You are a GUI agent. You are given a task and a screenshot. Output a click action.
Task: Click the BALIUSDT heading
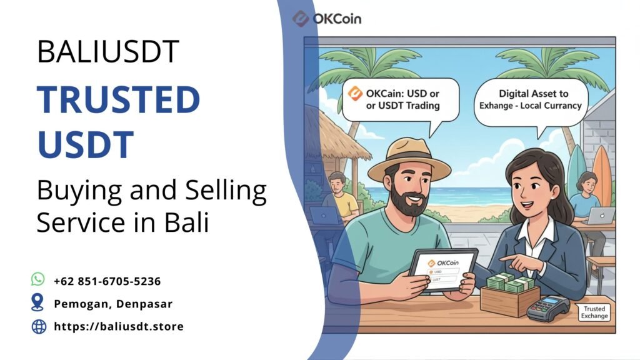[109, 52]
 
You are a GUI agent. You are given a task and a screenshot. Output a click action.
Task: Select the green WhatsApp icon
[38, 279]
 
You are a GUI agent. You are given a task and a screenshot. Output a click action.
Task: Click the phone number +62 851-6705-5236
[107, 281]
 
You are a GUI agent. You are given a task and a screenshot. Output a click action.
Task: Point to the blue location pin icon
[38, 302]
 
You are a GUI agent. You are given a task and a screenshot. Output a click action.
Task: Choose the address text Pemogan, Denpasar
[112, 304]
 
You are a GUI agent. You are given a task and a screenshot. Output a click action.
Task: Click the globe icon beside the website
[39, 326]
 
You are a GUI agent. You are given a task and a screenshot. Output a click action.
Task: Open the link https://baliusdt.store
[119, 326]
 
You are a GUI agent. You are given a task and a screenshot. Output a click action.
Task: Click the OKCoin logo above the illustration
[326, 19]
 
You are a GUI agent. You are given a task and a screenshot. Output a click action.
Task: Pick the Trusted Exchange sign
[594, 312]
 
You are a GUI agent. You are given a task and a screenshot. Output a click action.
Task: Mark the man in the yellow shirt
[339, 197]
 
